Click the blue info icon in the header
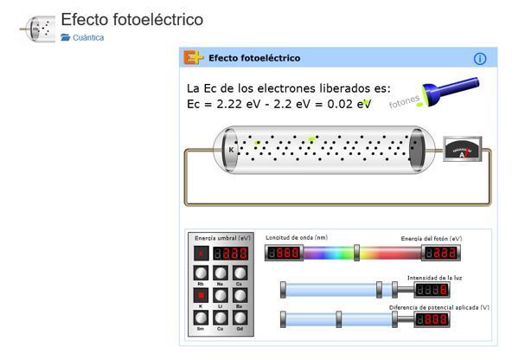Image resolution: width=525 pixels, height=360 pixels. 481,58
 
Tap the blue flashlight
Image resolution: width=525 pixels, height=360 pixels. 451,90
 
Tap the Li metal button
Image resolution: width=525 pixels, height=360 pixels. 220,296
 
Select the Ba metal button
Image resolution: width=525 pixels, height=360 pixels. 240,296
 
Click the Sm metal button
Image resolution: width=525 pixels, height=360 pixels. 201,318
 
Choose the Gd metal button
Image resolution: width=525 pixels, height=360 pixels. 240,318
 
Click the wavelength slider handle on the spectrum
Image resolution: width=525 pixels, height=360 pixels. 356,253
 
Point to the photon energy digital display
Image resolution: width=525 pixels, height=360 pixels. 441,253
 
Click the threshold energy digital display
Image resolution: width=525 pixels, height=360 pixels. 230,254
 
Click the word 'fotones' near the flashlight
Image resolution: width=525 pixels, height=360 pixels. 405,101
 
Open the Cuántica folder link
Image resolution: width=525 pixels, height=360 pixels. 88,38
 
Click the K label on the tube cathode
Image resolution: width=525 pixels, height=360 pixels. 231,149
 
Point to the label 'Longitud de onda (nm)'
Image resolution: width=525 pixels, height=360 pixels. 296,238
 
